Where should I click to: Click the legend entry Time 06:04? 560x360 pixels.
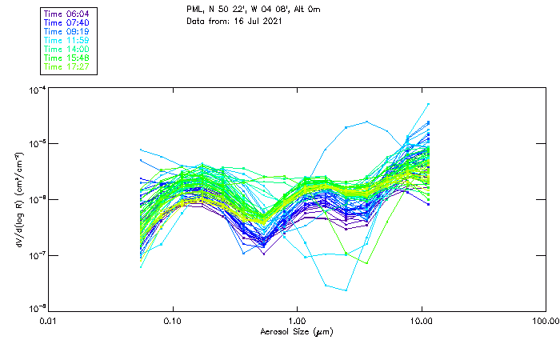tap(66, 14)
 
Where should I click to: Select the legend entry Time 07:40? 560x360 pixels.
tap(66, 22)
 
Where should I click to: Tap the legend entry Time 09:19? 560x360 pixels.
tap(66, 31)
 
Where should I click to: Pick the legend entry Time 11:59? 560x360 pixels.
tap(66, 40)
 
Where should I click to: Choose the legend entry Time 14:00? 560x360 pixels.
tap(66, 49)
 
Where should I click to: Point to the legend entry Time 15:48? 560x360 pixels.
tap(66, 58)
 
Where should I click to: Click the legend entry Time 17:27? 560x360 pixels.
tap(66, 66)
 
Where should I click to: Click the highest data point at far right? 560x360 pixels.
tap(428, 104)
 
